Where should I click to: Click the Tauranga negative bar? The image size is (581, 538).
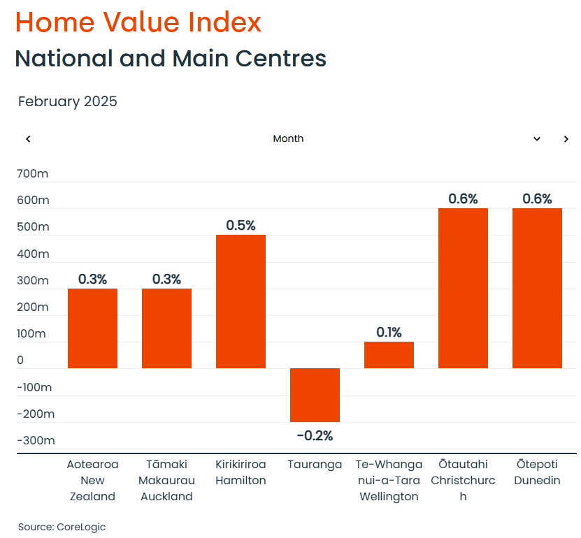coord(315,395)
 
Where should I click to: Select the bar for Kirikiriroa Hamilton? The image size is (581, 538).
coord(241,301)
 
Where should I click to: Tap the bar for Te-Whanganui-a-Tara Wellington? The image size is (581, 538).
coord(389,355)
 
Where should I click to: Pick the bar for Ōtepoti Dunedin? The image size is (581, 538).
coord(537,288)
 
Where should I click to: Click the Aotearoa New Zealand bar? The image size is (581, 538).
coord(92,328)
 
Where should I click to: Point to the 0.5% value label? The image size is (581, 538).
coord(241,226)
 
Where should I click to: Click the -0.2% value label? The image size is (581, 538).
coord(315,436)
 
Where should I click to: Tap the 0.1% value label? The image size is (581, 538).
coord(389,333)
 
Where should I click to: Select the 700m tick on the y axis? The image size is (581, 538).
coord(33,173)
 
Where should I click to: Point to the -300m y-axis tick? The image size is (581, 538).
coord(35,440)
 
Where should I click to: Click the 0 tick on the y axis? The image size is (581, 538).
coord(20,361)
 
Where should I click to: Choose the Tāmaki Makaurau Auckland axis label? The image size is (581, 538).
coord(166,481)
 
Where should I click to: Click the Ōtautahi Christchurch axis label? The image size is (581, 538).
coord(463,481)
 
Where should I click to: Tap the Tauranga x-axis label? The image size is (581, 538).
coord(315,465)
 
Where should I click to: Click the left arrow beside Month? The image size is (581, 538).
coord(28,139)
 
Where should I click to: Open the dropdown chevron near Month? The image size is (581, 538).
coord(537,139)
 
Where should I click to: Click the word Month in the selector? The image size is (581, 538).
coord(288,139)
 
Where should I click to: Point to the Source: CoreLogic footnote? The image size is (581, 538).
coord(62,527)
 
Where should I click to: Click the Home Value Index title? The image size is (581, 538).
coord(138,22)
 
